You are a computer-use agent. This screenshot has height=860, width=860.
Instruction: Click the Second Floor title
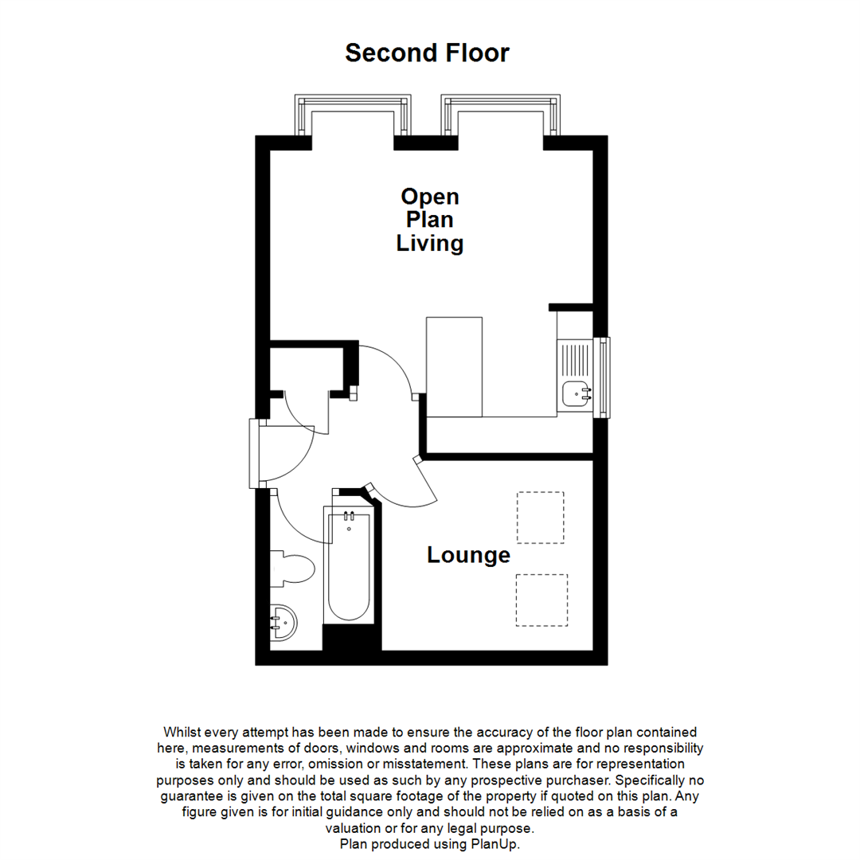pyautogui.click(x=427, y=53)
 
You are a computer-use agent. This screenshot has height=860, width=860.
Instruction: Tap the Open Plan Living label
pyautogui.click(x=430, y=220)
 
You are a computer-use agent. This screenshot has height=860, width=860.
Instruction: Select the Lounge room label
pyautogui.click(x=468, y=555)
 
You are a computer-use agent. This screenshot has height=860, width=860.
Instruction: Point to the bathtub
pyautogui.click(x=347, y=565)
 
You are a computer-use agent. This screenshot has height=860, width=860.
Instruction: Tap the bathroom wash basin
pyautogui.click(x=282, y=621)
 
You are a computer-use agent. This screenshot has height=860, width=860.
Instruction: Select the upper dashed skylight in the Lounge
pyautogui.click(x=540, y=517)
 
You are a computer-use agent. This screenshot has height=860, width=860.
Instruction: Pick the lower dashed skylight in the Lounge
pyautogui.click(x=541, y=600)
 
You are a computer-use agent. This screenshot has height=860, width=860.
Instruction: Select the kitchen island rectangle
pyautogui.click(x=455, y=366)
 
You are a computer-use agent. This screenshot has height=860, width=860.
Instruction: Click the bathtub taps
pyautogui.click(x=348, y=518)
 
